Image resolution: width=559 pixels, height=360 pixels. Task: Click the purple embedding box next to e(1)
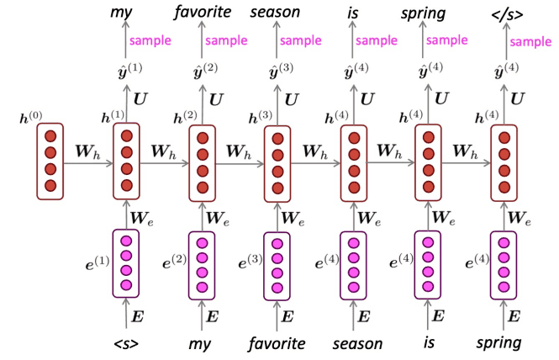coord(126,263)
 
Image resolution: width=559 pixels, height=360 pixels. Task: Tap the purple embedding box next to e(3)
coord(278,263)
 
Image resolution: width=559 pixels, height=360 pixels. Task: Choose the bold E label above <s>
coord(140,317)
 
